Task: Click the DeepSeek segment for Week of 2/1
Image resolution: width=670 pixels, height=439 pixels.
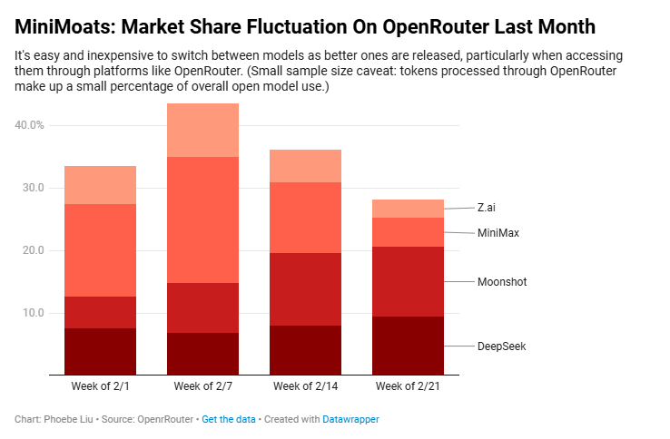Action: coord(100,351)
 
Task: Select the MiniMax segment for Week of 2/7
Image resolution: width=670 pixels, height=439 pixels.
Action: coord(202,219)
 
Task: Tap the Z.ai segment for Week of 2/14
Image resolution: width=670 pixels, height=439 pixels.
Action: coord(305,166)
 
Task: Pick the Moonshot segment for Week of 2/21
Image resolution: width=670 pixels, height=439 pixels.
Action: coord(409,281)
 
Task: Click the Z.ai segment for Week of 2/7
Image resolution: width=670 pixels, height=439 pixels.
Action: coord(202,130)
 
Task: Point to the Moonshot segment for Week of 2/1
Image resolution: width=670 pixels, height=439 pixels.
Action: coord(100,312)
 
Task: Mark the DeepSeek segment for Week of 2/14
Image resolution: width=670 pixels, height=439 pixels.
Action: coord(305,350)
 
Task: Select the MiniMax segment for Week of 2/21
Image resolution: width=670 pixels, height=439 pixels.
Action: coord(409,232)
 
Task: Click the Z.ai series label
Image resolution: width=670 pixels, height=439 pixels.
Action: coord(487,208)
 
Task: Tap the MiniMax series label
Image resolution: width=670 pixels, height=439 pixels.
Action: coord(498,233)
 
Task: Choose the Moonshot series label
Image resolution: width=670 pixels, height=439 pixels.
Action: coord(502,282)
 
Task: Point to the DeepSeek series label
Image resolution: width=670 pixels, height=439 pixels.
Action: coord(502,346)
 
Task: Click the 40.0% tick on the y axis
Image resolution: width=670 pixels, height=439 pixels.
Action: coord(30,125)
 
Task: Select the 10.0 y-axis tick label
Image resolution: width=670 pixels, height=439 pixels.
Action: coord(30,313)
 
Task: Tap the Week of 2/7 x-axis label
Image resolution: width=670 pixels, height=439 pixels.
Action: coord(202,386)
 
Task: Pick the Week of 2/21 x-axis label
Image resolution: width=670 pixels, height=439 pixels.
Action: coord(409,386)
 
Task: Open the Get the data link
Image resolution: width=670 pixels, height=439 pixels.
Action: coord(229,420)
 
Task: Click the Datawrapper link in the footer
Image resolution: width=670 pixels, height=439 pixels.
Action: coord(350,420)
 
